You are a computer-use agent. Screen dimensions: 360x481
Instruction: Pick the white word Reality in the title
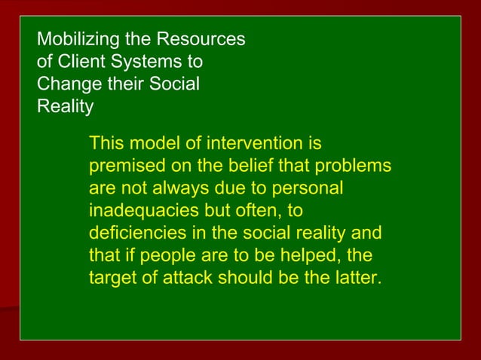[66, 106]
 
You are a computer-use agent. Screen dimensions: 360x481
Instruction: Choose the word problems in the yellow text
[354, 166]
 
